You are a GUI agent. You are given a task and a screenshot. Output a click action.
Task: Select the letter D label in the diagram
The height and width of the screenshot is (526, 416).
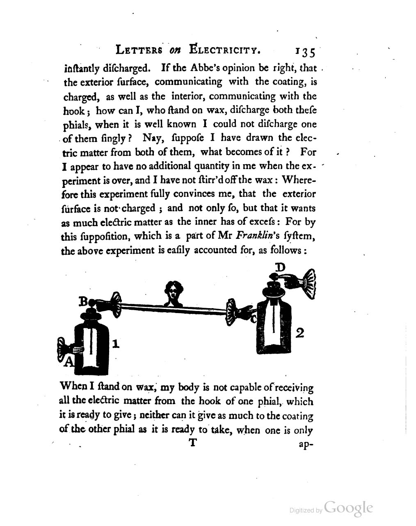click(280, 267)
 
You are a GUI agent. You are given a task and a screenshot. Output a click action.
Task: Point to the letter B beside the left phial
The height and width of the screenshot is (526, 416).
click(83, 302)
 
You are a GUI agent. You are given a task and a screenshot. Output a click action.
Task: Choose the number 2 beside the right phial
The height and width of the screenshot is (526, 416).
click(299, 333)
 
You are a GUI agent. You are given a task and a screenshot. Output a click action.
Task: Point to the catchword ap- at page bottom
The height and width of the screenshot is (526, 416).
click(306, 444)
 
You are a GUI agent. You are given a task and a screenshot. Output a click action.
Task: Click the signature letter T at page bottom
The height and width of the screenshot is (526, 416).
click(193, 444)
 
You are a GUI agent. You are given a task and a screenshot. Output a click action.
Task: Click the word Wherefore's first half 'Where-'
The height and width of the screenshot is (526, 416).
click(299, 180)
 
